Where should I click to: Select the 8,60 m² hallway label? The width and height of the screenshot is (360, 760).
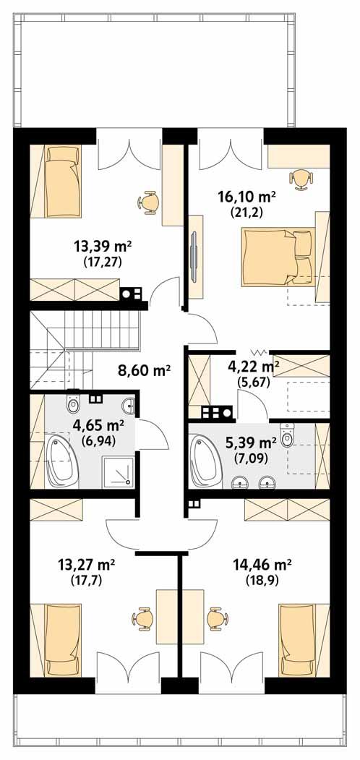tap(144, 372)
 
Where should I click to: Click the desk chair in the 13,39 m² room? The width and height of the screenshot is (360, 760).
tap(150, 202)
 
